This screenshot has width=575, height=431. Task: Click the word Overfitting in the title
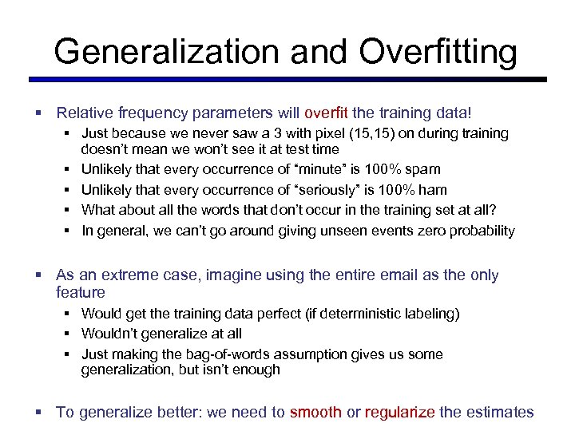tap(438, 53)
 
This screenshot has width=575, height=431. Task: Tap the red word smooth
tap(315, 413)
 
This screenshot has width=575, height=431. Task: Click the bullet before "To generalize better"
tap(38, 413)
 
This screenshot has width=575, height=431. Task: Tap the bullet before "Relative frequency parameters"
tap(38, 113)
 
